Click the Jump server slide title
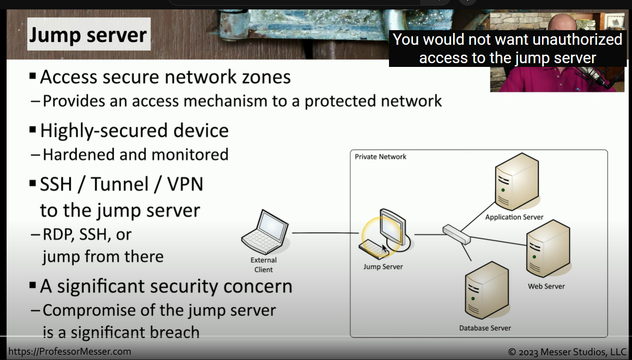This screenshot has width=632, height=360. pos(88,35)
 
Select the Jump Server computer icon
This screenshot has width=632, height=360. pos(384,234)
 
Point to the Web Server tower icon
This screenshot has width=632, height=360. pos(548,250)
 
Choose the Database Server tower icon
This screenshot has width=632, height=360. pos(486,291)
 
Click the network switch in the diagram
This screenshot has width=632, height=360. pos(456,235)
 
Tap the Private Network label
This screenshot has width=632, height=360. pos(381,156)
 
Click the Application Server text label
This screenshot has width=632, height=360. pos(514,217)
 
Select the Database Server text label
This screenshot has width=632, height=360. pos(485,328)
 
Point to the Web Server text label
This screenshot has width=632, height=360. pos(546,286)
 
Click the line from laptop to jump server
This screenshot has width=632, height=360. pos(325,233)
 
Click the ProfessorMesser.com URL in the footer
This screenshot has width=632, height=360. pos(70,352)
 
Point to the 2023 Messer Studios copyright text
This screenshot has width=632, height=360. pos(567,352)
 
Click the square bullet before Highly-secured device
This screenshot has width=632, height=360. pos(32,129)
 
